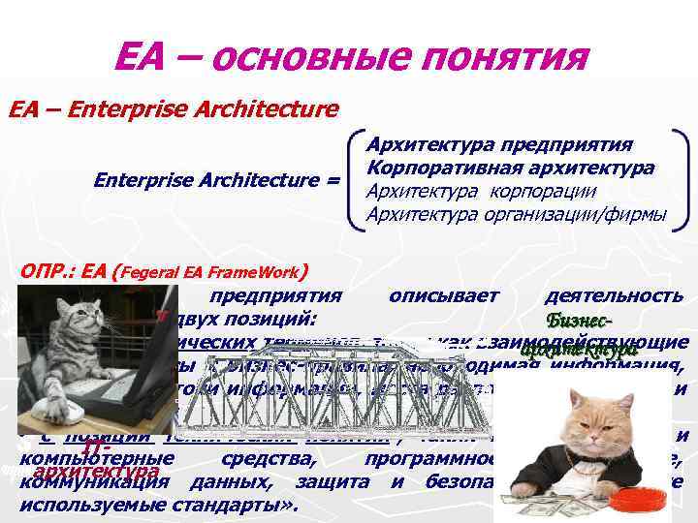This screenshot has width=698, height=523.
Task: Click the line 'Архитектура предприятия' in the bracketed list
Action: [499, 144]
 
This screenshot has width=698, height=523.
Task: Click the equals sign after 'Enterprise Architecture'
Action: [333, 180]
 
